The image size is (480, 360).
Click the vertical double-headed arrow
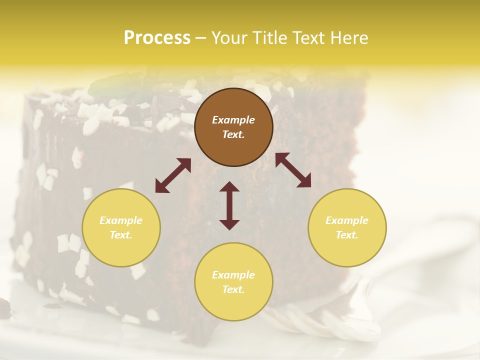(x=229, y=205)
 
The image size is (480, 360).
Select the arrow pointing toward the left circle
(x=173, y=175)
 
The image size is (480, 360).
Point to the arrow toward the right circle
(x=293, y=170)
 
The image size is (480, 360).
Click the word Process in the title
(x=157, y=38)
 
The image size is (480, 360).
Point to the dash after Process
(x=201, y=38)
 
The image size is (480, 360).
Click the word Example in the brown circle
(x=233, y=120)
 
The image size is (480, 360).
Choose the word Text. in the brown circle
(x=233, y=134)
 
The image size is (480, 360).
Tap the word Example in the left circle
(x=121, y=220)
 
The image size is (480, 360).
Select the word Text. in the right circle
(x=347, y=235)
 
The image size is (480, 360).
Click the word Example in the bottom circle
(x=233, y=275)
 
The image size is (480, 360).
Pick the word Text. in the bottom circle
(x=233, y=289)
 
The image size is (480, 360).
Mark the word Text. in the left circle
(x=121, y=235)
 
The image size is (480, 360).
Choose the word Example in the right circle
(x=347, y=220)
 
